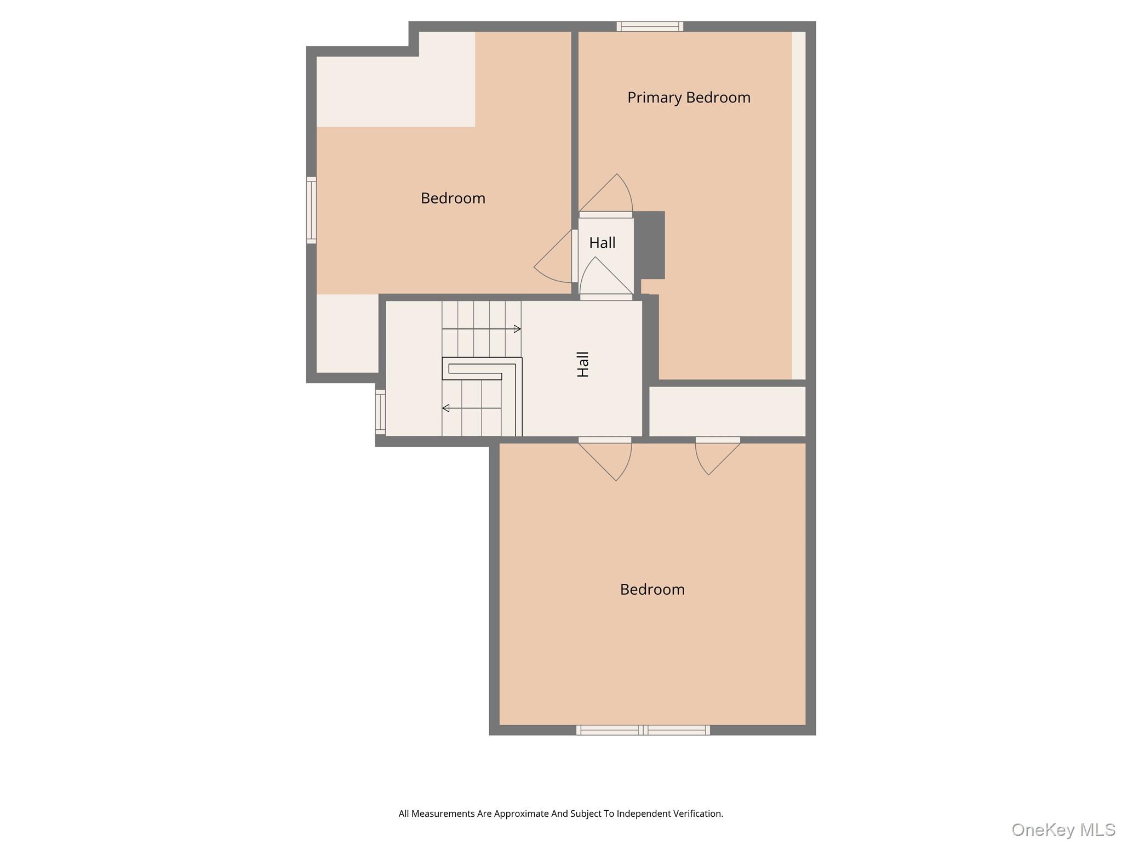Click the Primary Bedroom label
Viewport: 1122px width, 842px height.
689,98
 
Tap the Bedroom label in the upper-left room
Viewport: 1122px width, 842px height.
453,198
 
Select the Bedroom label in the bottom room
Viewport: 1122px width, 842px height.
652,589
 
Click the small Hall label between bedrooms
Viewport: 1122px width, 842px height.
602,243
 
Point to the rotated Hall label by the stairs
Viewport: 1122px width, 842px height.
583,364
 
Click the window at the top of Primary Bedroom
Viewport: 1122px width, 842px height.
650,26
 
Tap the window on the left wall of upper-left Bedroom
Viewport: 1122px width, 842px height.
311,210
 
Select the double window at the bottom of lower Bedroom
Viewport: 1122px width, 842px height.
643,730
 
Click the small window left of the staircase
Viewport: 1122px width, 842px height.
380,411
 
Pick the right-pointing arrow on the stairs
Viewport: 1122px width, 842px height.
517,329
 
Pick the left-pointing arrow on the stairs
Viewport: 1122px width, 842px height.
446,408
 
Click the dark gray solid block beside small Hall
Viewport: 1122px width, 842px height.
650,245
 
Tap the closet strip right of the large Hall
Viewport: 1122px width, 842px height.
727,411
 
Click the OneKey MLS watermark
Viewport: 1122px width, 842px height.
1063,829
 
